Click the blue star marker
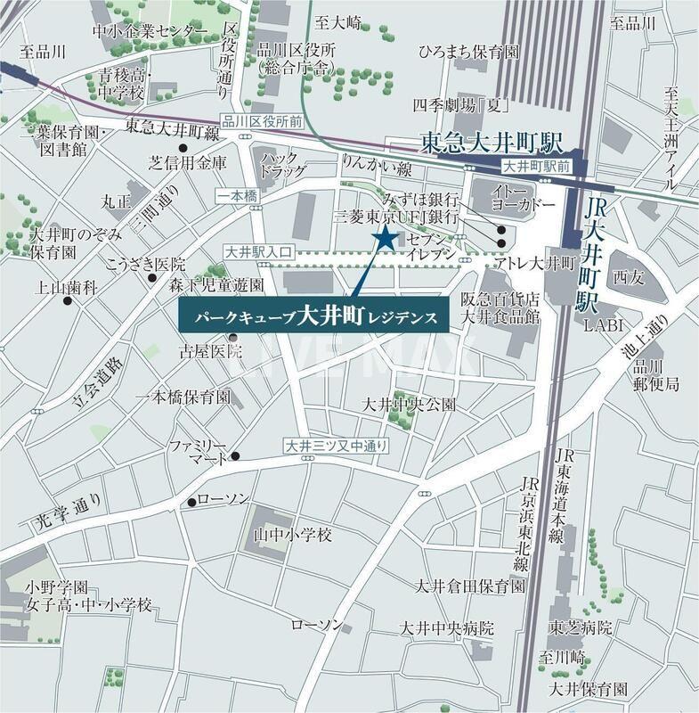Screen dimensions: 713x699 [x=386, y=238]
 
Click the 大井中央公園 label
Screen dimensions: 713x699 [x=409, y=405]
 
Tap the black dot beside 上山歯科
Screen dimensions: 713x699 [x=68, y=301]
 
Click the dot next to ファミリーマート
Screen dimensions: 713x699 [x=236, y=456]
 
